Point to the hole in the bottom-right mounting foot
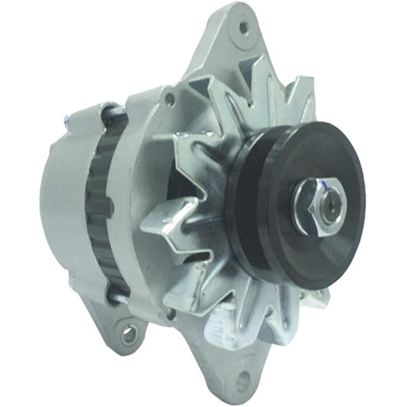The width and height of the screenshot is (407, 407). point(244,379)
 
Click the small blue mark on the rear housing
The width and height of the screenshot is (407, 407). point(67,122)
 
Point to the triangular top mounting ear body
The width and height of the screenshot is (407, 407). point(224,46)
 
